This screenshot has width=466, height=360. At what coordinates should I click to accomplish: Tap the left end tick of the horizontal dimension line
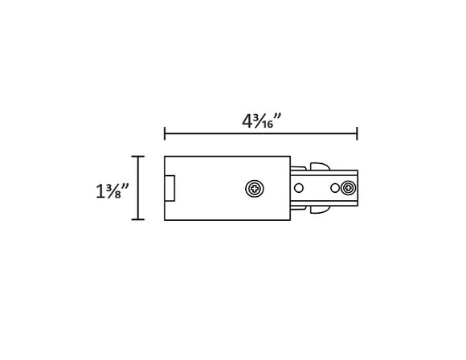click(165, 134)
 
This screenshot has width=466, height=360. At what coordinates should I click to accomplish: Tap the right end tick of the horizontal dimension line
click(357, 134)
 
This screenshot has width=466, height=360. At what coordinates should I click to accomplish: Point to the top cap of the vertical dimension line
click(137, 157)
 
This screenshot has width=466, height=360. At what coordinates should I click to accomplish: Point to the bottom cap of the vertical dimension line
click(137, 219)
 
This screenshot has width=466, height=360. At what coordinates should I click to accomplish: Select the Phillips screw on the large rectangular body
click(254, 189)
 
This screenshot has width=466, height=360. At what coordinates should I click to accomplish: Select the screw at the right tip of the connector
click(347, 189)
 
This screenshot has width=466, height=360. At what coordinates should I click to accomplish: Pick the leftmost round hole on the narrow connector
click(299, 189)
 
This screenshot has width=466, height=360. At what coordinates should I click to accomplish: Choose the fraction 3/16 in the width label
click(263, 121)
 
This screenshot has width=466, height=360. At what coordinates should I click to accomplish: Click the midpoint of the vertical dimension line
click(137, 188)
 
